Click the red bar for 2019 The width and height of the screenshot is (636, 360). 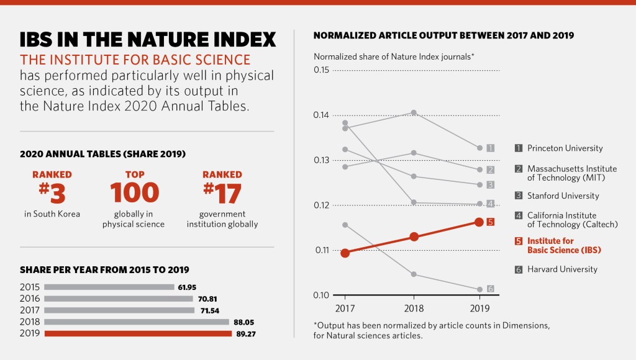[137, 333]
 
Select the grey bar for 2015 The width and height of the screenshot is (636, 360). [109, 287]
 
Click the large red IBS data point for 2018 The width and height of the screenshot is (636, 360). [414, 236]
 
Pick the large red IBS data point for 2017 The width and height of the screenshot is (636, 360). [345, 253]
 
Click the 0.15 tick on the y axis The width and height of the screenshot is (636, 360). [321, 70]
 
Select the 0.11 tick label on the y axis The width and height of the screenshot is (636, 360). [321, 250]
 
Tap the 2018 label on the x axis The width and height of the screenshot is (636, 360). [413, 308]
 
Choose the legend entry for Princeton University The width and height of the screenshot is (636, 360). [565, 148]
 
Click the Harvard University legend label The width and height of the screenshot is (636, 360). [562, 269]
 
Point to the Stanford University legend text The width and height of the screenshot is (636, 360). [563, 196]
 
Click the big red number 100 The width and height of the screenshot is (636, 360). [134, 193]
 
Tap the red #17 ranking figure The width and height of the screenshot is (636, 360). [222, 193]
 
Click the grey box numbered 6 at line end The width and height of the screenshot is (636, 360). [490, 289]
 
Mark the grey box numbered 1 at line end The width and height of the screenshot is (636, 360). [490, 148]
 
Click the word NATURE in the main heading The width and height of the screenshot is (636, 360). [164, 40]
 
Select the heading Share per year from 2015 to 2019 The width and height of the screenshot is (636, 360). [104, 270]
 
